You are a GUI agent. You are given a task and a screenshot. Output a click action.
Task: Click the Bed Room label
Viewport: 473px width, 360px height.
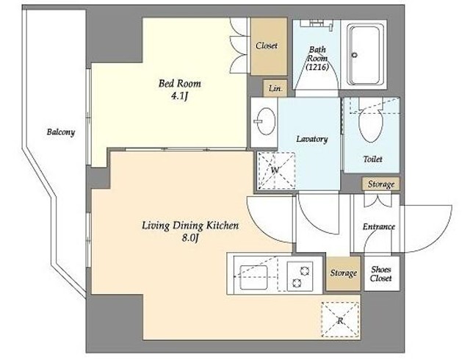click(x=180, y=83)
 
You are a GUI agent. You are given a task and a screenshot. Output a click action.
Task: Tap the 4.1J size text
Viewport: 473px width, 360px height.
click(x=180, y=96)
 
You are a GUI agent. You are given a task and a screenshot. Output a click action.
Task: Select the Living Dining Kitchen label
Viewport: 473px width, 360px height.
click(x=190, y=226)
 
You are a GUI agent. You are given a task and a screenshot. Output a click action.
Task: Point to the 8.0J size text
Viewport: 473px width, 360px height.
click(x=190, y=238)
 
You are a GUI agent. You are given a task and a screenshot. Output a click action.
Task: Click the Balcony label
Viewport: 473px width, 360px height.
click(x=61, y=132)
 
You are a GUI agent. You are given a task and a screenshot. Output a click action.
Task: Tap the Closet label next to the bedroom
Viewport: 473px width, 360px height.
click(x=267, y=46)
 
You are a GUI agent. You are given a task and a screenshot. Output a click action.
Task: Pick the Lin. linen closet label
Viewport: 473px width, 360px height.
click(x=275, y=88)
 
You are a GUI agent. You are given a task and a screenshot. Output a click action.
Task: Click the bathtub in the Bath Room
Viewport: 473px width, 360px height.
click(x=364, y=54)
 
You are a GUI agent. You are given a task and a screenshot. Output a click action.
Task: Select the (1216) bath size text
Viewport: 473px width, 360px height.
click(x=317, y=67)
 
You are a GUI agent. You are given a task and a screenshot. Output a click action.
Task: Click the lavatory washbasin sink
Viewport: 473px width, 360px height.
click(x=266, y=121)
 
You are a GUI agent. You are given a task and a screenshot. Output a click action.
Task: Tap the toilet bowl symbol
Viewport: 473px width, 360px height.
click(x=371, y=120)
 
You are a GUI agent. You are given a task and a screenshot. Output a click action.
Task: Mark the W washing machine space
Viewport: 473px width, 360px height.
click(x=276, y=170)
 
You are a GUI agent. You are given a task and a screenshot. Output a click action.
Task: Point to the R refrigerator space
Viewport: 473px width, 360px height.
click(x=340, y=320)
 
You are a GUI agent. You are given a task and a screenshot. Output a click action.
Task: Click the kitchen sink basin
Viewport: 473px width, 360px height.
click(x=253, y=277)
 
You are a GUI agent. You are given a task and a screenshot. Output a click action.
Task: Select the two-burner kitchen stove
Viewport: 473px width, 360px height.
click(x=300, y=276)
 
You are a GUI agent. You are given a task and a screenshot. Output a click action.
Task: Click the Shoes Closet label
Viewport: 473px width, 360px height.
click(x=381, y=274)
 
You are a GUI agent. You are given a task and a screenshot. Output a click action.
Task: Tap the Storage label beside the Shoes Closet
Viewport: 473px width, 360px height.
click(x=343, y=273)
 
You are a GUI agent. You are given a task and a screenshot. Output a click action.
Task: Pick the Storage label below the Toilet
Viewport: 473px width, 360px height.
click(x=381, y=184)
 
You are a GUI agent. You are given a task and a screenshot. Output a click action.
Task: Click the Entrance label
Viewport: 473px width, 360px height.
click(x=378, y=226)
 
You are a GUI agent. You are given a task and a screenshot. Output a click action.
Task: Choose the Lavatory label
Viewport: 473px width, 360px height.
click(x=312, y=139)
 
